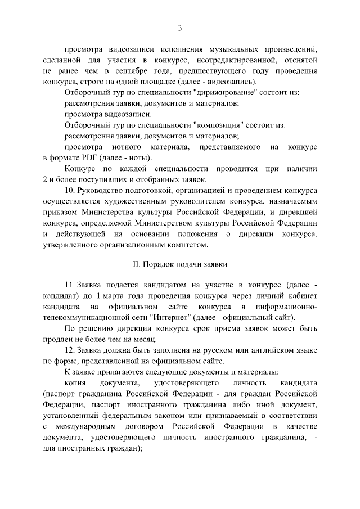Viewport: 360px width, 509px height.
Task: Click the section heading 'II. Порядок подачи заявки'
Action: pyautogui.click(x=180, y=264)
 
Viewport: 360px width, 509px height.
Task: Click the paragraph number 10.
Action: pyautogui.click(x=70, y=191)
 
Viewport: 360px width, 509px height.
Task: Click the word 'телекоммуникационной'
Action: pyautogui.click(x=83, y=317)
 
